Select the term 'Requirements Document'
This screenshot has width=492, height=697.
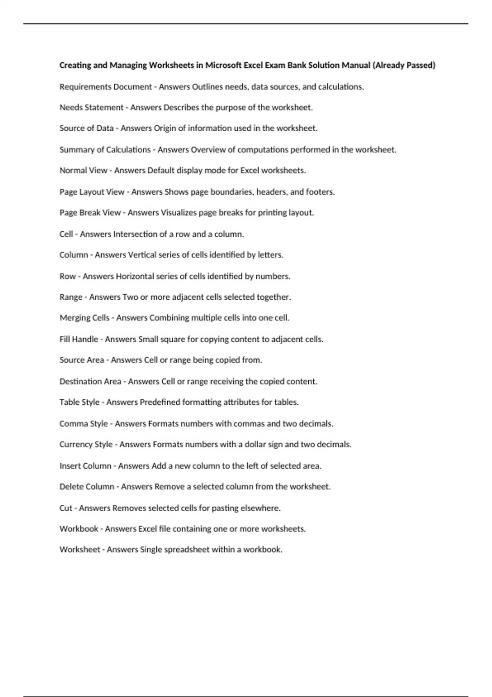[x=105, y=87]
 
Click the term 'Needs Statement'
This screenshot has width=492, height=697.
[x=91, y=107]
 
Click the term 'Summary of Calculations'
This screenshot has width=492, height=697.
[x=105, y=150]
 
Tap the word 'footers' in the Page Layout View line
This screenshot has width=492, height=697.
[x=320, y=192]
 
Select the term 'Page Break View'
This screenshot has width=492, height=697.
[x=90, y=213]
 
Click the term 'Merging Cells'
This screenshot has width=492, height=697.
[x=84, y=318]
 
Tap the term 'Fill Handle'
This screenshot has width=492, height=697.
[x=79, y=339]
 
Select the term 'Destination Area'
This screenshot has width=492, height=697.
[x=90, y=382]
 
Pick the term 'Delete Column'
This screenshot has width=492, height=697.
[x=87, y=487]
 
